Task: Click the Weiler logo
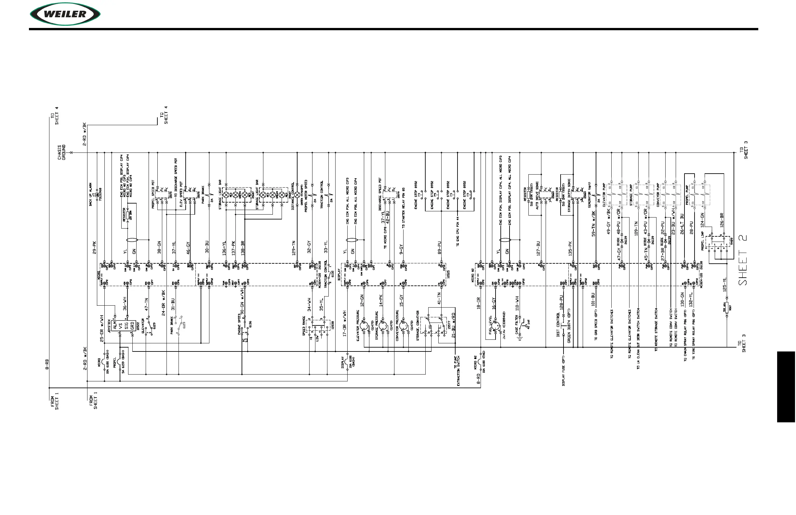coord(65,14)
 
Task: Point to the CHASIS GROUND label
coord(62,152)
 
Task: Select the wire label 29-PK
coord(94,247)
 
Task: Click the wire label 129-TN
coord(293,248)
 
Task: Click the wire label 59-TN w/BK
coord(594,223)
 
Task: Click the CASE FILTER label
coord(517,324)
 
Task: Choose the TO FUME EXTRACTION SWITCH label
coord(457,371)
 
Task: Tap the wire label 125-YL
coord(724,285)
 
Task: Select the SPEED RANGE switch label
coord(304,326)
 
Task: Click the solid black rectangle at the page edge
coord(786,387)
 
